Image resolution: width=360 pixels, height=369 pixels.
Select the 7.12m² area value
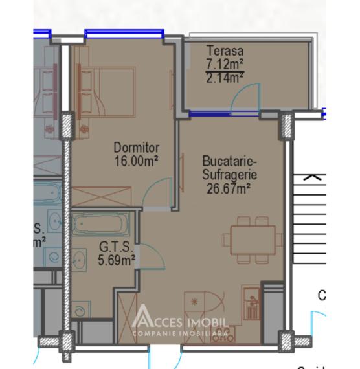224,63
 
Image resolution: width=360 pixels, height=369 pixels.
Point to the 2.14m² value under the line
224,78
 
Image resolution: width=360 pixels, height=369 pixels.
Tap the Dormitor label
137,148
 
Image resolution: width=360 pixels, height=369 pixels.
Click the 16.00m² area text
137,159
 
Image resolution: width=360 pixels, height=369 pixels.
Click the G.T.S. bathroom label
116,248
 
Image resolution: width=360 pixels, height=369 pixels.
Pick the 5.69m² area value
117,260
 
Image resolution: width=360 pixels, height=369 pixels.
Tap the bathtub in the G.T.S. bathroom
100,225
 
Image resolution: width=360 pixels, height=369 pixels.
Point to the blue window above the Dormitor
123,33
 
